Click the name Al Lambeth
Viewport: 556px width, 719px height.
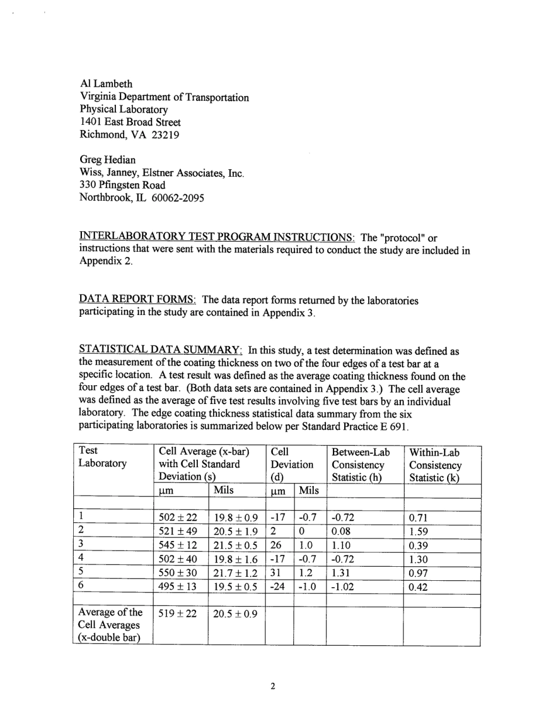(106, 84)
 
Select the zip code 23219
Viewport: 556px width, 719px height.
(166, 135)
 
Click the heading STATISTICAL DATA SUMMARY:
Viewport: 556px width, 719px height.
(161, 351)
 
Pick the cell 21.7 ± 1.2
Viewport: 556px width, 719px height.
(236, 572)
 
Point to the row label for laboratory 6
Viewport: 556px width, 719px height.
(82, 584)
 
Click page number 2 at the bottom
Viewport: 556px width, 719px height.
(273, 686)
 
